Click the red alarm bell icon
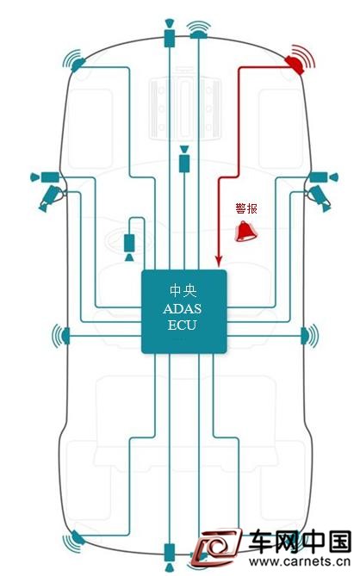coord(245,232)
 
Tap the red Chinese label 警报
coord(246,208)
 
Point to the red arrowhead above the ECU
coord(219,262)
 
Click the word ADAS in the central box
coord(183,308)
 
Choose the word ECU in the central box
coord(183,325)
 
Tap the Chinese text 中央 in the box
coord(183,291)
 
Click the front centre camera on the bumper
coord(169,33)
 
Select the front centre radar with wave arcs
coord(199,30)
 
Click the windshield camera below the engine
coord(184,159)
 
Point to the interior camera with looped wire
coord(129,247)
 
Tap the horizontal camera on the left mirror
coord(45,177)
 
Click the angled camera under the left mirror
coord(51,198)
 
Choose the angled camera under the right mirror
coord(320,198)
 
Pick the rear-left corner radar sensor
coord(75,541)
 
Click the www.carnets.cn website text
coord(300,561)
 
